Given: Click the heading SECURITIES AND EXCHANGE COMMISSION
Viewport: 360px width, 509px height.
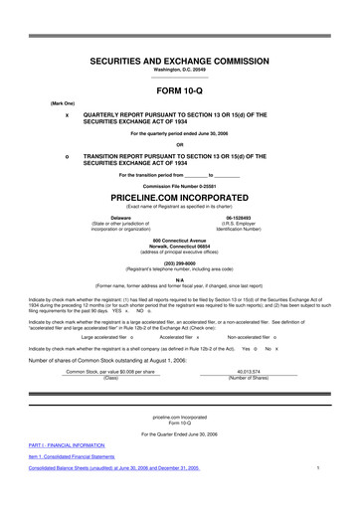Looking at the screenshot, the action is tap(180, 61).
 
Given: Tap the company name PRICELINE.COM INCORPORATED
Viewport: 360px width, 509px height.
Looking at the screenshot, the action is tap(180, 200).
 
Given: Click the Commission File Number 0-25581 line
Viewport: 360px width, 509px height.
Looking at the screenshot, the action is tap(180, 186).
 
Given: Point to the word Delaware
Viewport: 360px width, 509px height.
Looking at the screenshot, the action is tap(120, 216).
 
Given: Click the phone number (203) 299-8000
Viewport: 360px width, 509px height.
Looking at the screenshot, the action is tap(180, 263).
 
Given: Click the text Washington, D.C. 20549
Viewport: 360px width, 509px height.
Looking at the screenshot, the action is tap(180, 71).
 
